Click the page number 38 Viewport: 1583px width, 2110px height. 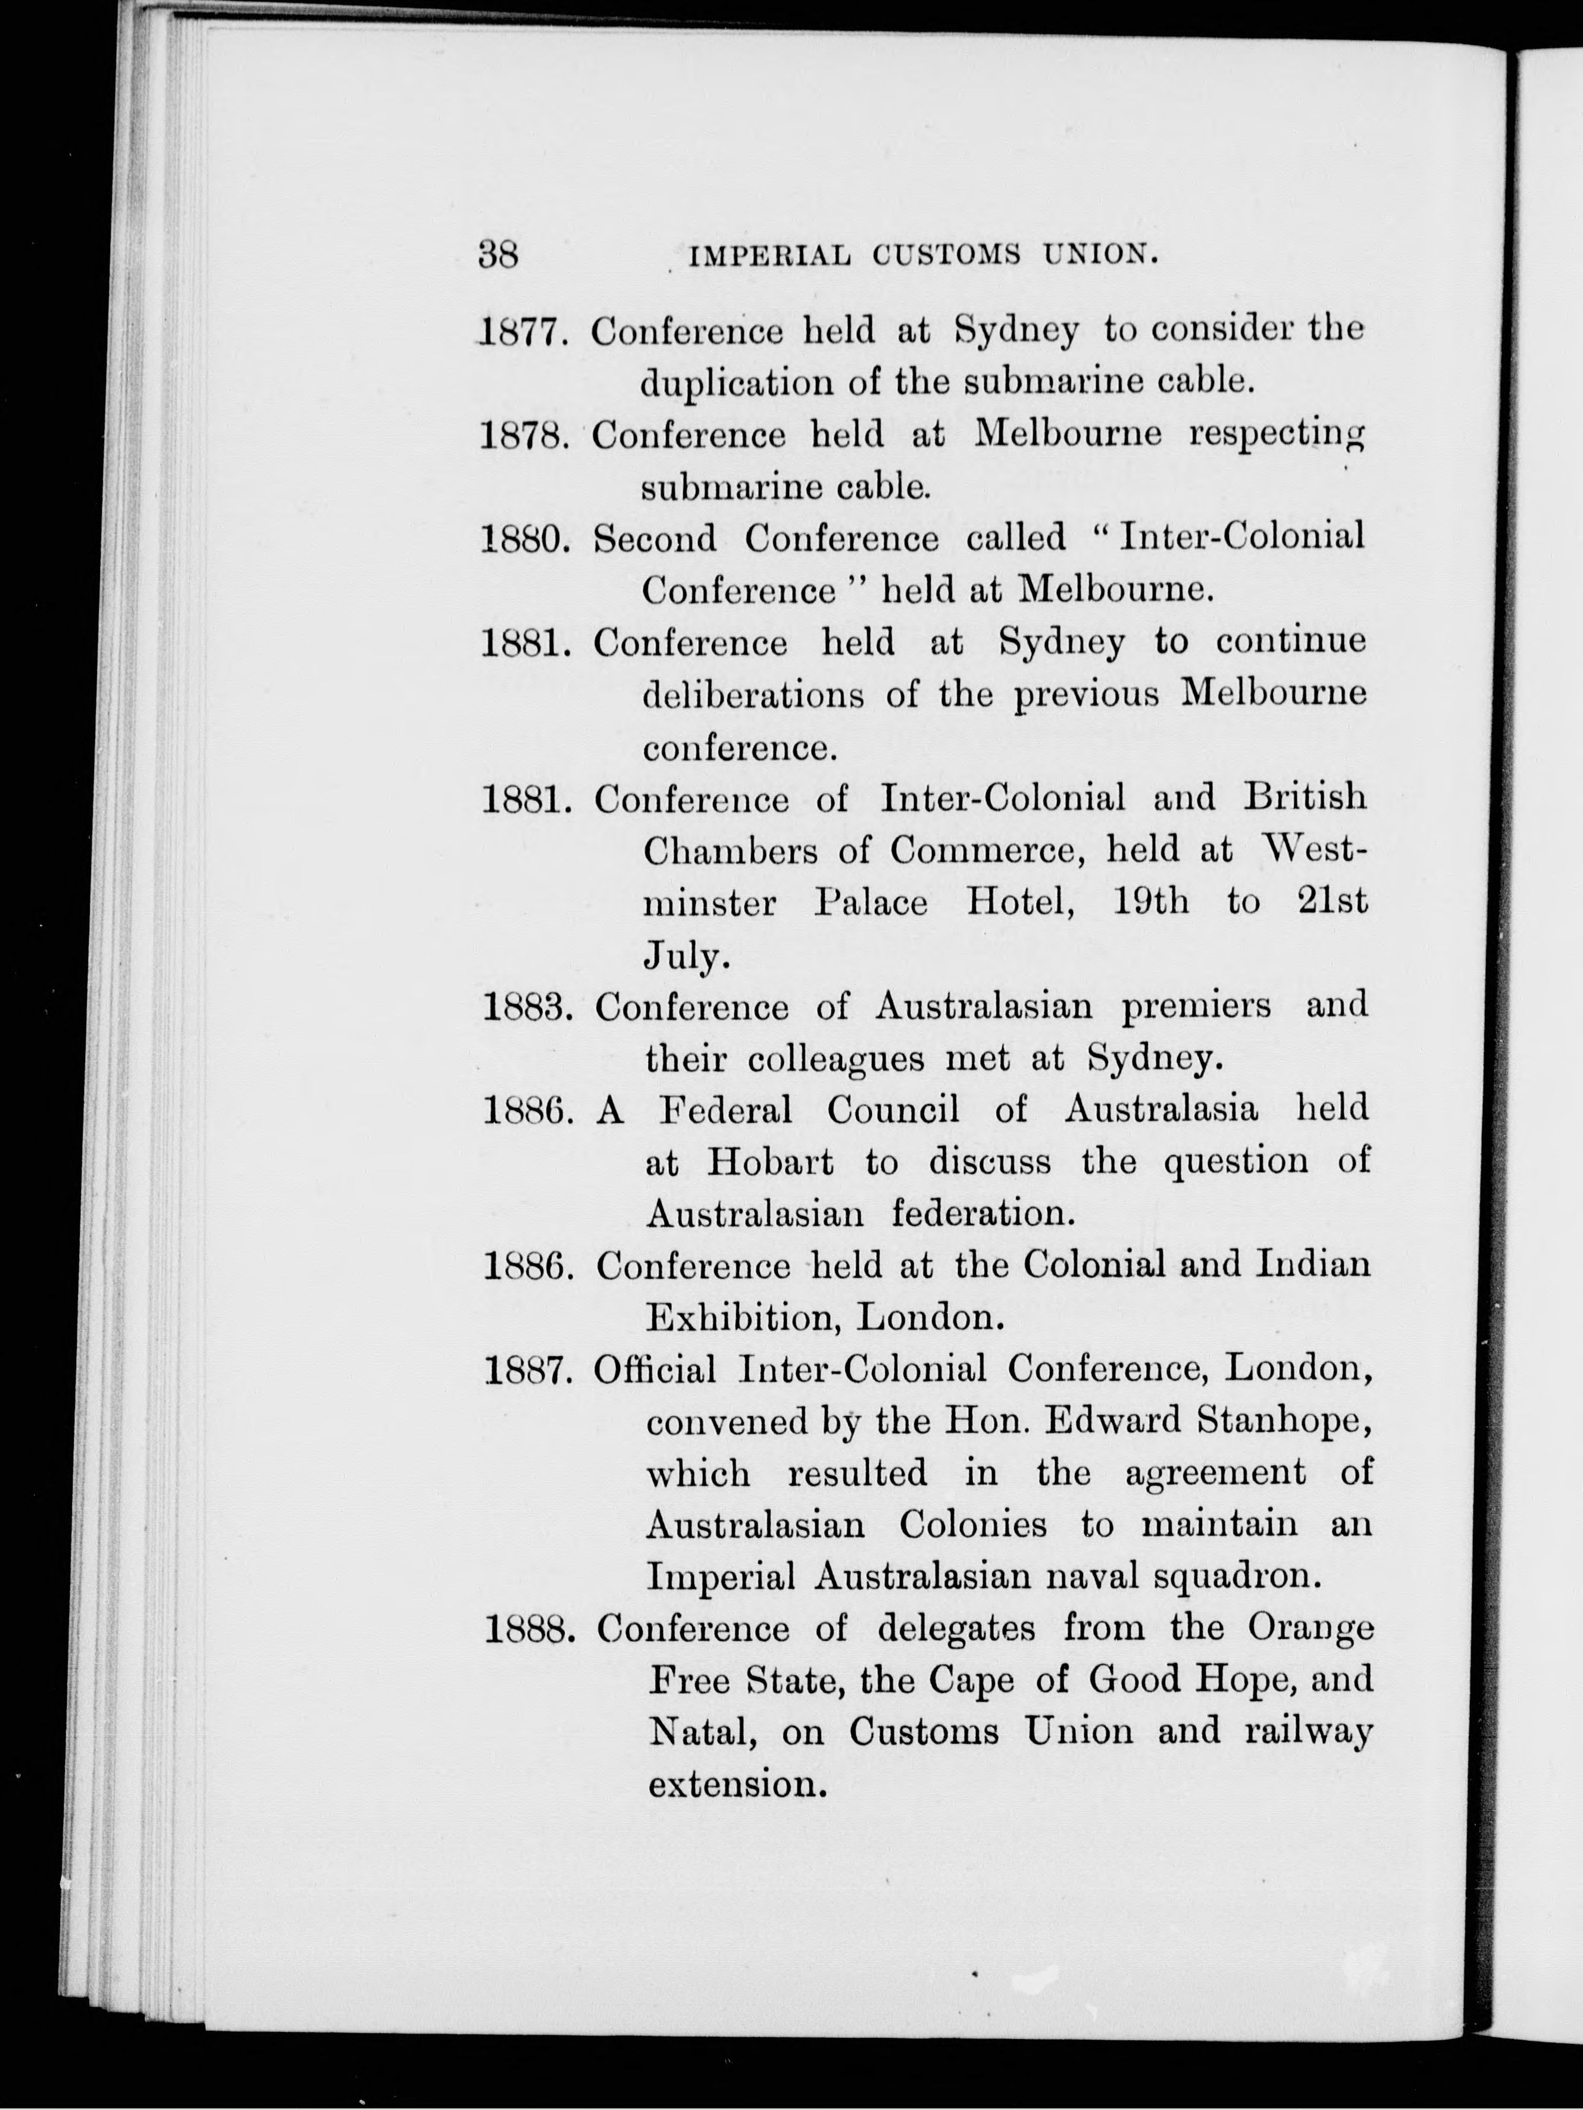[498, 255]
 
